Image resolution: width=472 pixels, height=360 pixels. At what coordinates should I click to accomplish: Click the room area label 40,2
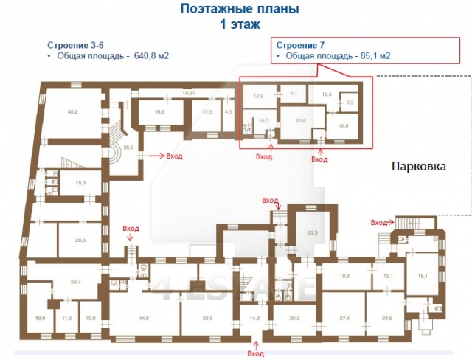coord(72,112)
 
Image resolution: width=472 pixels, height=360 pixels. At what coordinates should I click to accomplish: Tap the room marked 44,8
coord(142,318)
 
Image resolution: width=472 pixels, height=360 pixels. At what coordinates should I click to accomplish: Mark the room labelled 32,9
coord(207,318)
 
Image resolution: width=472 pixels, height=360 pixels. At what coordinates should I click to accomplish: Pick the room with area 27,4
coord(344,318)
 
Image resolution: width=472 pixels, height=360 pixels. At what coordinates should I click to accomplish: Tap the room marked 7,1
coord(293,94)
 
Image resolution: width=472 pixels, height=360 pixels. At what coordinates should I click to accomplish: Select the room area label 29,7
coord(74,281)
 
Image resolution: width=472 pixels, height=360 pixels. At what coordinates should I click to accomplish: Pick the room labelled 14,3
coord(254,318)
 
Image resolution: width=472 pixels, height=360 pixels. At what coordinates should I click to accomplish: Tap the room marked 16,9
coord(159,112)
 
